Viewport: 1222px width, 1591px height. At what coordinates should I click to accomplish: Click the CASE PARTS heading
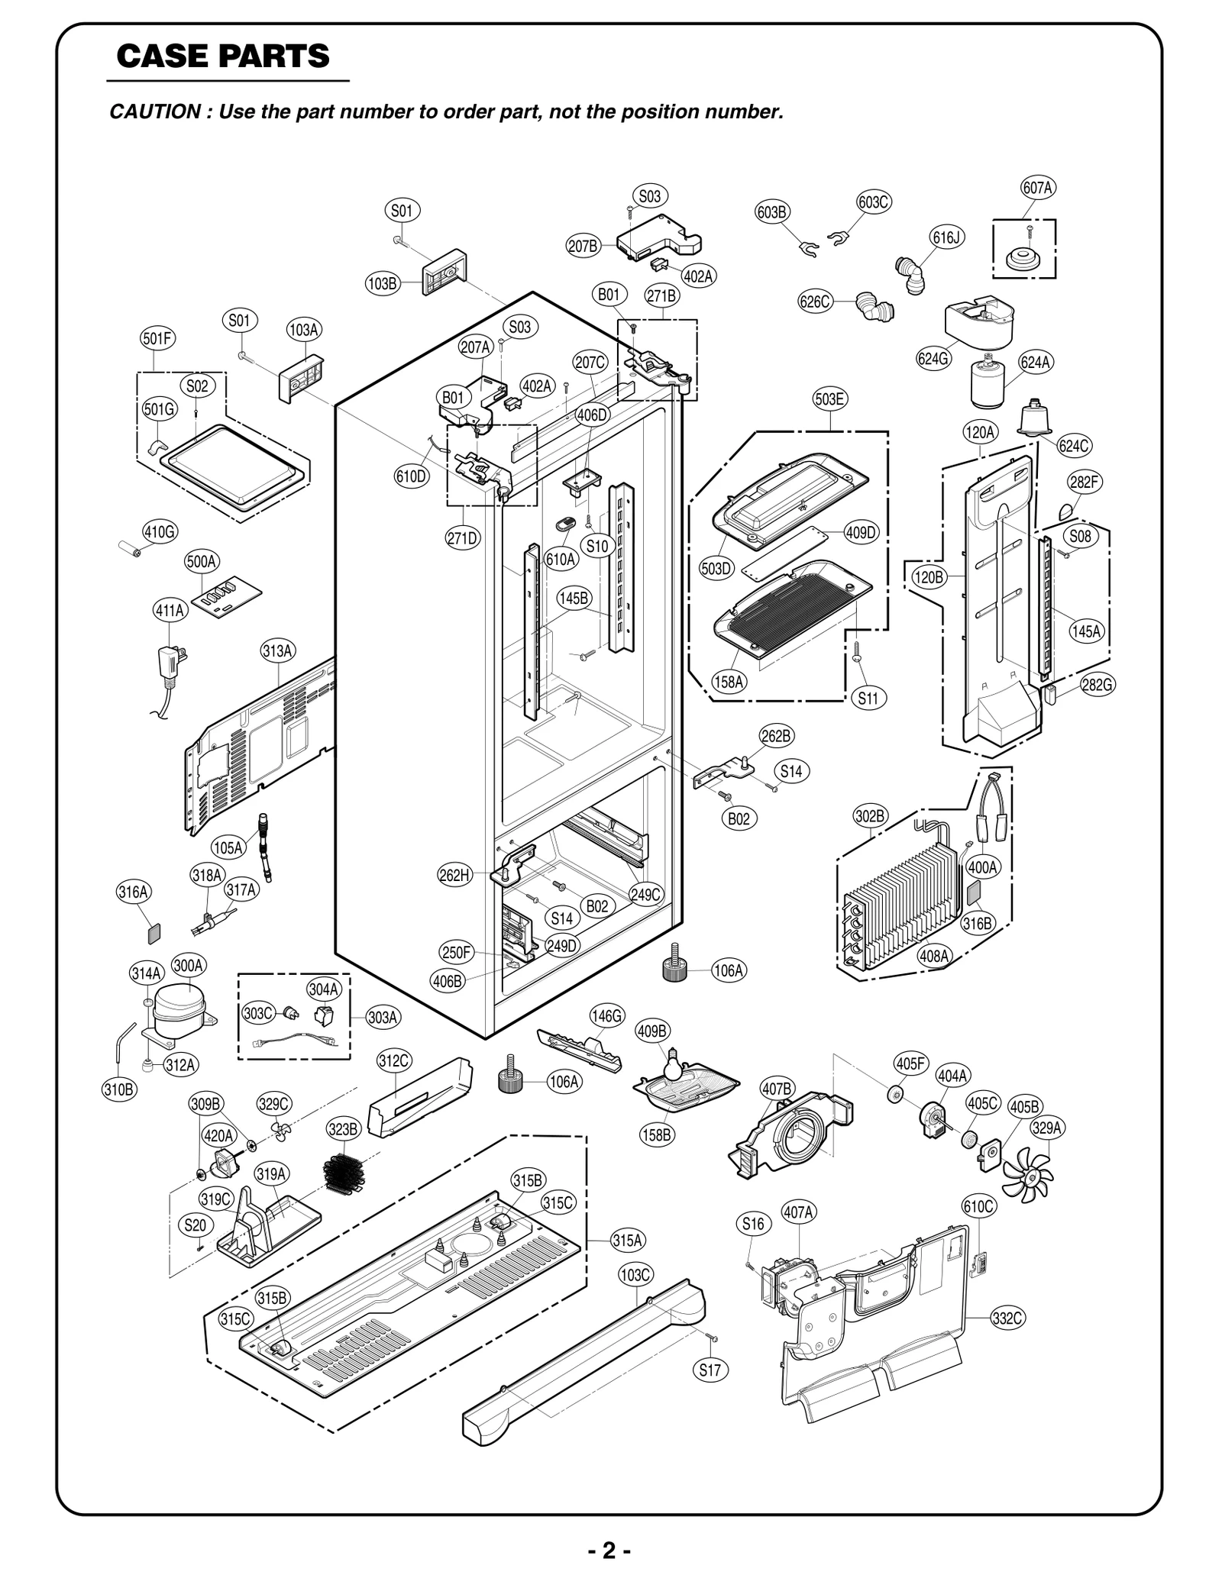(223, 56)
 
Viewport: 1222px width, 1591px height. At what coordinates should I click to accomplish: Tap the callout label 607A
(1037, 188)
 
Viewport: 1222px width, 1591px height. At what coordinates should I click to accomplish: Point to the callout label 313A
(278, 650)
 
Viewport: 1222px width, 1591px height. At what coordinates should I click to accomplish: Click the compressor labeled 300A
(179, 1007)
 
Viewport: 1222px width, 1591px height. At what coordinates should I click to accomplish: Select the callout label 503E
(829, 399)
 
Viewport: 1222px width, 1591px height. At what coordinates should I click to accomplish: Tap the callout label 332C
(1007, 1318)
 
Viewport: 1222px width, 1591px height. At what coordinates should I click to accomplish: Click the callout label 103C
(635, 1275)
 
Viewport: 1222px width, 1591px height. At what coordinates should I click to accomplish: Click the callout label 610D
(411, 477)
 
